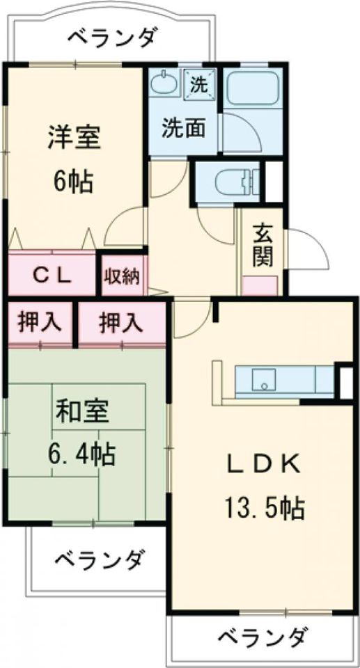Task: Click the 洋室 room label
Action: [x=75, y=136]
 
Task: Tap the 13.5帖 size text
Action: [x=263, y=509]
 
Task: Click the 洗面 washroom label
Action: [x=183, y=128]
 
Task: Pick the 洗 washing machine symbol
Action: [x=200, y=85]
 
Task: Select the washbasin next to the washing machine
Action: [x=164, y=84]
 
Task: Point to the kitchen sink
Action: [x=263, y=381]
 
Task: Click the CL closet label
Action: [x=52, y=275]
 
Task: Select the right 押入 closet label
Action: [x=121, y=322]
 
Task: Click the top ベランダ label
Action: [x=112, y=37]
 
